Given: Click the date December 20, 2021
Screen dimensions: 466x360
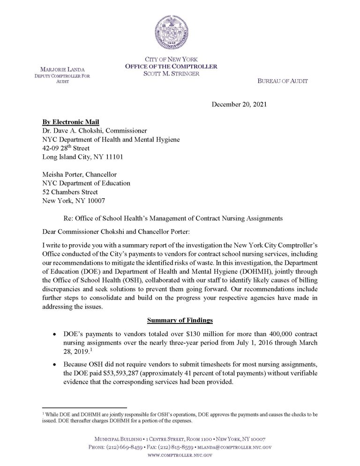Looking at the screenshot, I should (240, 105).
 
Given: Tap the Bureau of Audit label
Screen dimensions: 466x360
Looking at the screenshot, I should (283, 81).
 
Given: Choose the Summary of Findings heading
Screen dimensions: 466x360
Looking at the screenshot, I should (180, 321).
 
